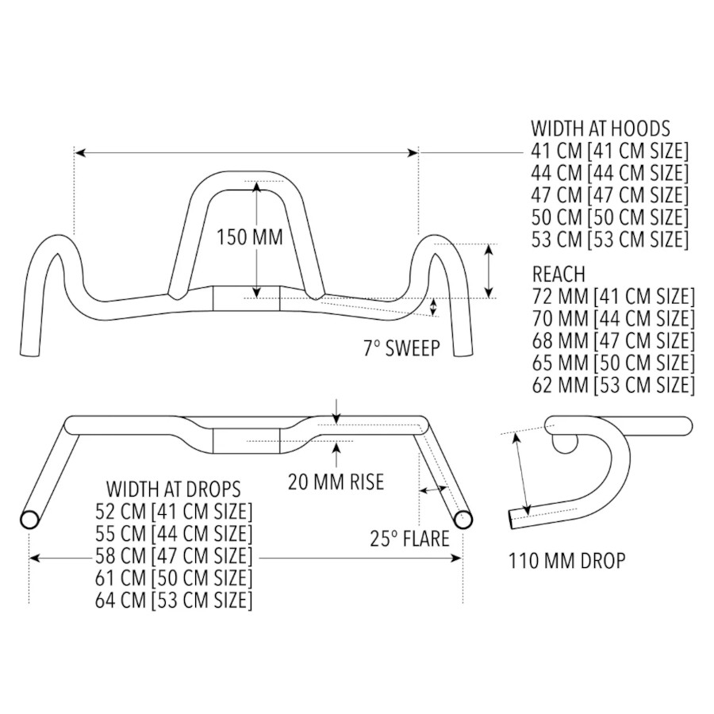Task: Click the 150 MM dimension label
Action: [250, 238]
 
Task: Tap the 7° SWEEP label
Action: [401, 349]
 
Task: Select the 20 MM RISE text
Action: [336, 482]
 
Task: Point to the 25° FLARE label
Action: [409, 539]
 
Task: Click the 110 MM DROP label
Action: [566, 562]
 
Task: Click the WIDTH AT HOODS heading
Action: [601, 129]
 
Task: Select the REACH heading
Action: [559, 274]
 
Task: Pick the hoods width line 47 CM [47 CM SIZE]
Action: [609, 195]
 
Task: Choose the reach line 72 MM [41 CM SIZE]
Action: [612, 297]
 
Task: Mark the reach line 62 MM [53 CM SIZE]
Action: [612, 386]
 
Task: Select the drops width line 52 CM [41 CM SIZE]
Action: [174, 511]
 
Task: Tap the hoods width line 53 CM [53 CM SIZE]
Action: [609, 240]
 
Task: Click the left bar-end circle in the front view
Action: [30, 520]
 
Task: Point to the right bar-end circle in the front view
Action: [463, 520]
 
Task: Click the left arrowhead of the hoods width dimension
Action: [79, 151]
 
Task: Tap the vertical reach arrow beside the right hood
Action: [489, 270]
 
